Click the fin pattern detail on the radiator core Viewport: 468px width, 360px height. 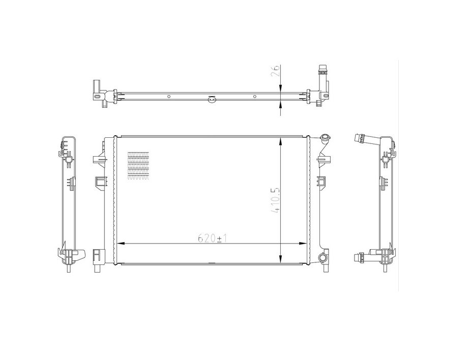click(x=138, y=166)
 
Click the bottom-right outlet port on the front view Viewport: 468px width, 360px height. click(x=323, y=258)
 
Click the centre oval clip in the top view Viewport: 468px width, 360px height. click(x=212, y=99)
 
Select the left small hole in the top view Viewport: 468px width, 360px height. click(x=169, y=95)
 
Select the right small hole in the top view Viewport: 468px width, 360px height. click(x=255, y=95)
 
